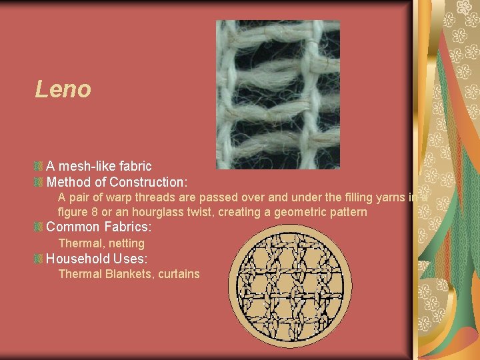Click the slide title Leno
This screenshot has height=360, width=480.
[63, 89]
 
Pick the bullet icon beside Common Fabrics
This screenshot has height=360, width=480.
[39, 227]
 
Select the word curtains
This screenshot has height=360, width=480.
[179, 274]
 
